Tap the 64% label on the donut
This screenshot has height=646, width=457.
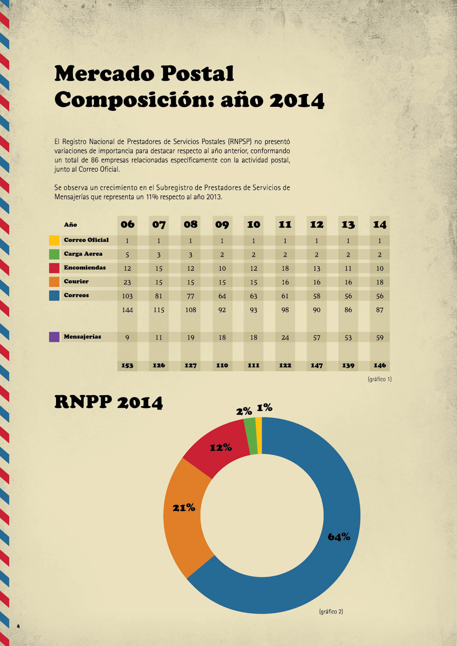point(339,537)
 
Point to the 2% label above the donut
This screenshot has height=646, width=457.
point(244,411)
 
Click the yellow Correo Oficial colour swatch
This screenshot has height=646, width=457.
point(54,241)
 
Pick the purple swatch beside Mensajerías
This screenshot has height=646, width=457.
point(54,337)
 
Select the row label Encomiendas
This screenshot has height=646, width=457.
point(85,268)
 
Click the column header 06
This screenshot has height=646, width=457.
point(128,224)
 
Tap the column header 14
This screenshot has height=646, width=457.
point(380,225)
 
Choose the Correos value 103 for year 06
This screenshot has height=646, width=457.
point(127,296)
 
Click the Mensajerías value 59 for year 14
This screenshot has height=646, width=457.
point(380,338)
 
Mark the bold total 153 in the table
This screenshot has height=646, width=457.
point(127,365)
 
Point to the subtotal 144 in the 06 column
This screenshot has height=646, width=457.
point(127,310)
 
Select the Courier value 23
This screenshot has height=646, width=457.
point(127,282)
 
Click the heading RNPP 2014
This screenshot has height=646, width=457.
point(109,402)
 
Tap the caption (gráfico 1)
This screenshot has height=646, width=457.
point(380,379)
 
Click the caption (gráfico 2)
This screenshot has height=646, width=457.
point(331,611)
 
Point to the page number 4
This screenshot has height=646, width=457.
point(18,626)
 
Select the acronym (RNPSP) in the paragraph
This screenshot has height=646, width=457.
point(240,141)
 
